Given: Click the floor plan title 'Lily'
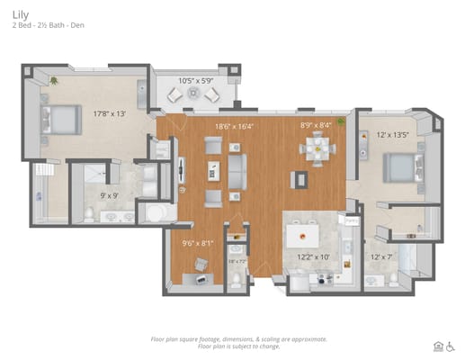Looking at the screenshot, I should pos(19,13).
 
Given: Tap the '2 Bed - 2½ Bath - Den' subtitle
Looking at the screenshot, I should pos(49,26).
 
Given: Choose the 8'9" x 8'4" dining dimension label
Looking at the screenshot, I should pos(315,126).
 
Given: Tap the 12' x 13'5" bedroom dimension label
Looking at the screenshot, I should pos(392,135).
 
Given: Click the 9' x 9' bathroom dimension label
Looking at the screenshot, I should pos(110,194).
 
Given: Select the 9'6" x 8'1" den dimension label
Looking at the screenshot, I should pos(198,242).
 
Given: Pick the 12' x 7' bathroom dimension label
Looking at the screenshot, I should pos(383,257).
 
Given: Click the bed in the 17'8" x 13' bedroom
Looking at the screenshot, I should pos(58,119).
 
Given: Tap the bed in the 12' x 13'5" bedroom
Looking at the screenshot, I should pos(402,167).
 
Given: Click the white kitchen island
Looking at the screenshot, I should pos(304,237).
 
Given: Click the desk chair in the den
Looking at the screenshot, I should pos(200,264).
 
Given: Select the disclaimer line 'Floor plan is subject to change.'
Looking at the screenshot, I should pos(238,346).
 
